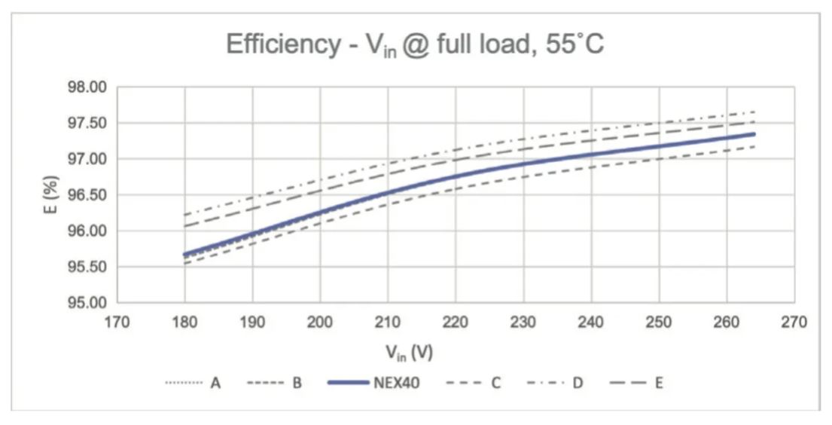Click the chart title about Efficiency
(415, 46)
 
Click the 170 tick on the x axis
(117, 323)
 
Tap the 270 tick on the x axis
(794, 323)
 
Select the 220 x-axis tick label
(456, 323)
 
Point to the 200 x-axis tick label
(320, 323)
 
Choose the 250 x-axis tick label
(659, 323)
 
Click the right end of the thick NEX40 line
(753, 134)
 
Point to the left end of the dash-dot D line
(184, 215)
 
